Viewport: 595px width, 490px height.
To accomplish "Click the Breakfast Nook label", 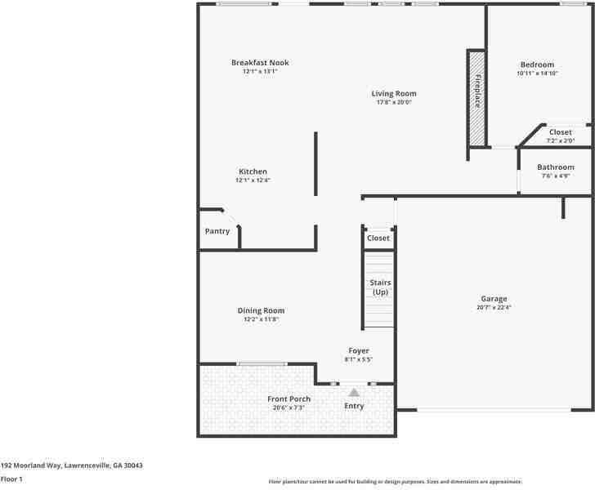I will point(260,63).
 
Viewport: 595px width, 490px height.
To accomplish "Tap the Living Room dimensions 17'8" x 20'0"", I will point(394,103).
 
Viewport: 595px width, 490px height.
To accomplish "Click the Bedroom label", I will point(537,65).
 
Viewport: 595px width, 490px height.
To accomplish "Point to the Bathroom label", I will point(556,167).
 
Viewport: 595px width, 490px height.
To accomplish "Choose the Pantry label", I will point(217,231).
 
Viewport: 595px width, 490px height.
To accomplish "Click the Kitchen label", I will point(253,171).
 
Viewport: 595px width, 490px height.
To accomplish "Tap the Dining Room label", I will point(261,310).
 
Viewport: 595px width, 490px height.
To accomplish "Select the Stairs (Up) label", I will point(380,287).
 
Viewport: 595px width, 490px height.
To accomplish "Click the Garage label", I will point(494,299).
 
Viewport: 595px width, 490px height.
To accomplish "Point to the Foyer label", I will point(359,350).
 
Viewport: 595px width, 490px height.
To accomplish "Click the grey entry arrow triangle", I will point(354,393).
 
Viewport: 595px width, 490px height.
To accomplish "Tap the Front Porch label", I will point(289,399).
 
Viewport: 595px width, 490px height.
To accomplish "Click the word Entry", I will point(354,406).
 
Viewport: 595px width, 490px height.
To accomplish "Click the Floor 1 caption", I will point(11,479).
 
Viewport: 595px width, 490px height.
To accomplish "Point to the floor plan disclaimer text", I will point(395,482).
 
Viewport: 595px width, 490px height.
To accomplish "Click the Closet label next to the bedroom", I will point(561,132).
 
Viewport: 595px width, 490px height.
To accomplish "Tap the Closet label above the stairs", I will point(378,238).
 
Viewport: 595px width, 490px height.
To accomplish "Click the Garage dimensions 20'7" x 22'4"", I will point(494,308).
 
